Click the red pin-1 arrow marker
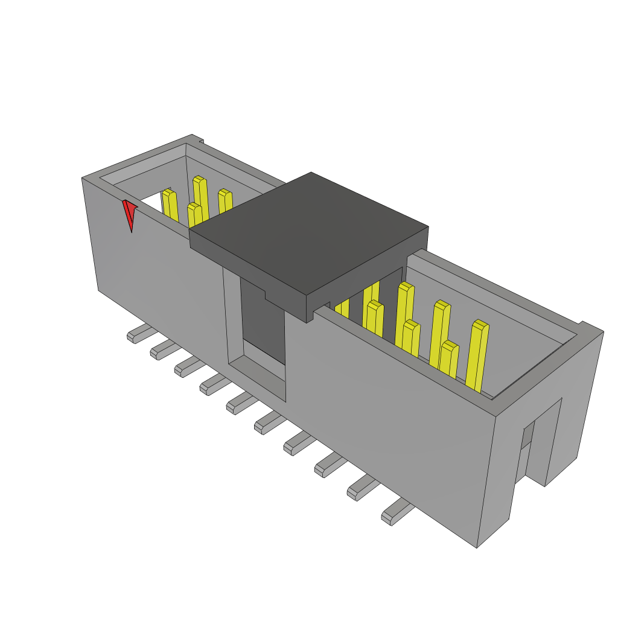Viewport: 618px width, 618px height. coord(129,213)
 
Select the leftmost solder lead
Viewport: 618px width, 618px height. coord(138,333)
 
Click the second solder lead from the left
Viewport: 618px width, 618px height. coord(162,349)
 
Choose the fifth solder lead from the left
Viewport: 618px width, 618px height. coord(238,403)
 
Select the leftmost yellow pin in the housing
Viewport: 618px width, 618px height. coord(170,205)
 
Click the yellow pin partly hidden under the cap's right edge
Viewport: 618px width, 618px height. coord(342,308)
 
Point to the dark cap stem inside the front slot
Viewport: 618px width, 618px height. coord(262,320)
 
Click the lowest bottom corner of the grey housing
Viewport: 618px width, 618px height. coord(477,546)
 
